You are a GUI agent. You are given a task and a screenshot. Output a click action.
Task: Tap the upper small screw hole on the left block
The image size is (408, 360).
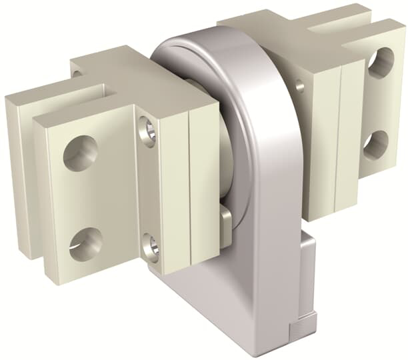point(148,131)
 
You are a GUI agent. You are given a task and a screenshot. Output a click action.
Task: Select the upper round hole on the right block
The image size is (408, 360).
point(380,64)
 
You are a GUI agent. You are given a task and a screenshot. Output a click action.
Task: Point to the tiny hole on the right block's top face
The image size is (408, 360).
point(299,85)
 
